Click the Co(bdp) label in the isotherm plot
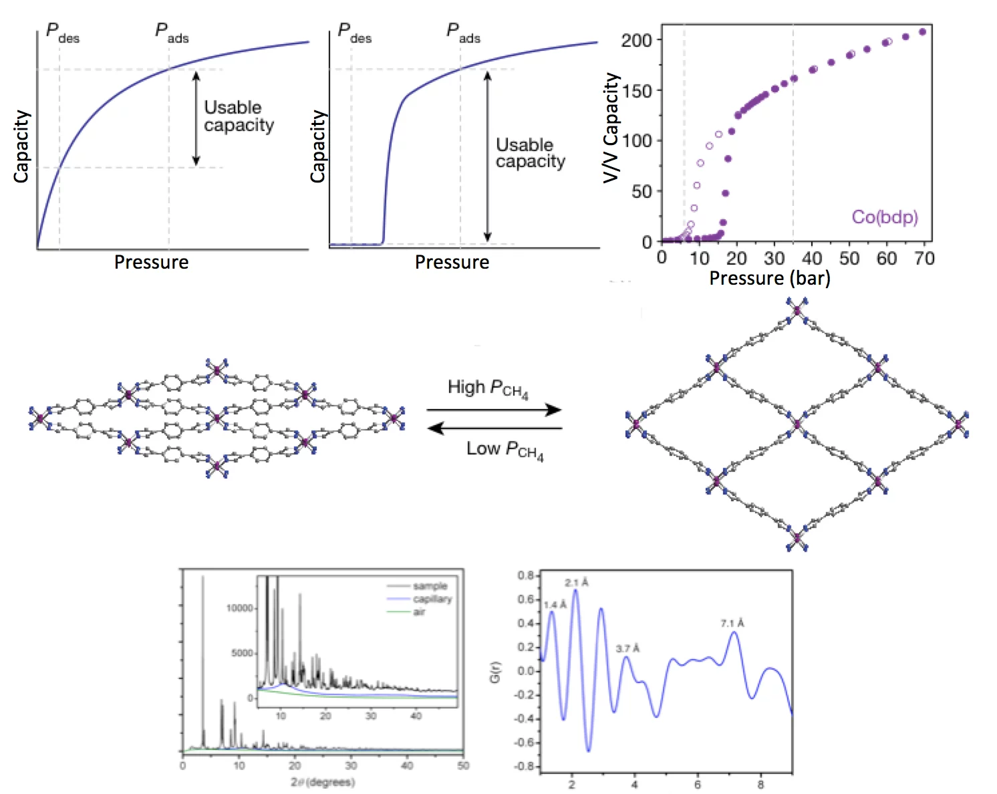(x=884, y=217)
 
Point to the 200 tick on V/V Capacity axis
(x=635, y=40)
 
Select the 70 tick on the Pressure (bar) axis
(x=924, y=259)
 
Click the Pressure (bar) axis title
(x=769, y=278)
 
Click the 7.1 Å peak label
(x=732, y=623)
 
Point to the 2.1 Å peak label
(x=577, y=583)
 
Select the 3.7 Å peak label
(x=627, y=648)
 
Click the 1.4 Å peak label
(x=555, y=605)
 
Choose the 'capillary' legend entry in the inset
(x=432, y=599)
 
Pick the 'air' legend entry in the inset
(x=419, y=612)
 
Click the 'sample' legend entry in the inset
(x=430, y=586)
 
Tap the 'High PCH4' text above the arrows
(x=488, y=388)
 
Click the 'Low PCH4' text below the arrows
(x=505, y=450)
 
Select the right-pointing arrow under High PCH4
(x=494, y=410)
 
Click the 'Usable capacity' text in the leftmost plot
(x=239, y=116)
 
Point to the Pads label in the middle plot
(x=462, y=32)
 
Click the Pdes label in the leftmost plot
(x=62, y=32)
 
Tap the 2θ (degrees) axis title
(x=323, y=781)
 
